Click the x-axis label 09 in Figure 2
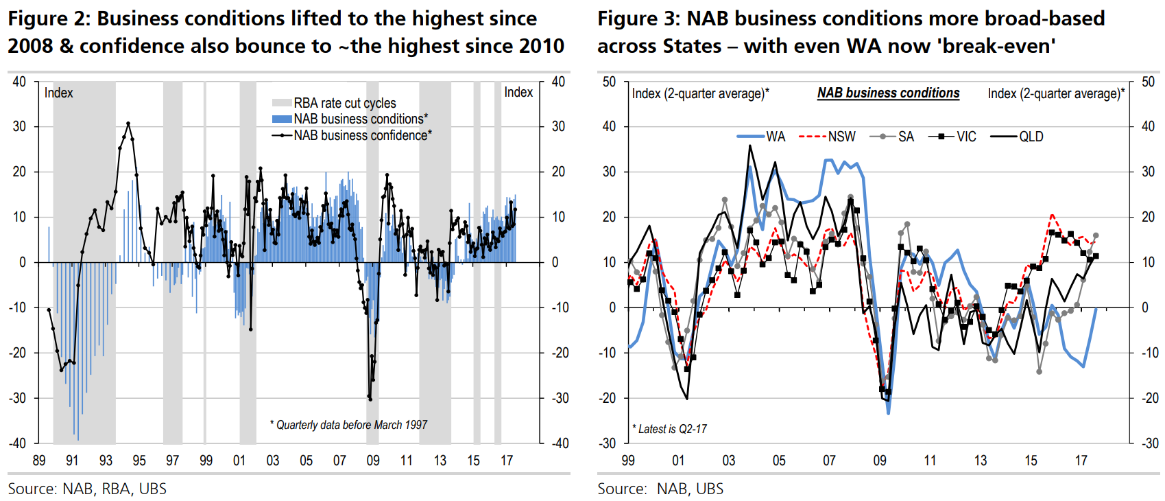373,461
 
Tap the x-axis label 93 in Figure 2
106,461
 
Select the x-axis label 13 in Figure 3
981,461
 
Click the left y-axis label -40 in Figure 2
17,443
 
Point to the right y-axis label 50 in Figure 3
1149,82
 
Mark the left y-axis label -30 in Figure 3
608,443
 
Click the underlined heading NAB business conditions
888,93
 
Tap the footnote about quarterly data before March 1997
348,425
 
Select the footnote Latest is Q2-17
669,429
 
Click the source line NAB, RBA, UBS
87,489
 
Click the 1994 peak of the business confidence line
128,124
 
